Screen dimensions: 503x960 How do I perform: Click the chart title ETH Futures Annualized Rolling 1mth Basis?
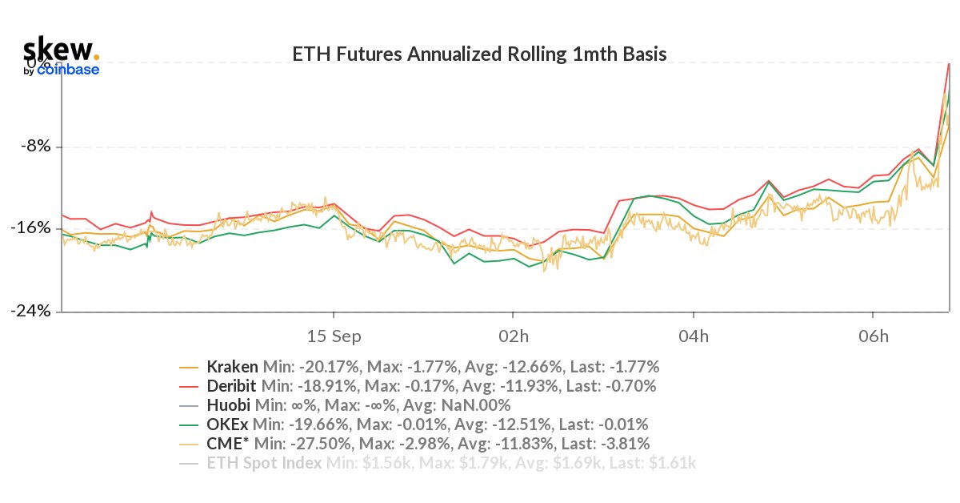480,54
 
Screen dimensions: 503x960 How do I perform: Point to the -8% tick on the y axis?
34,147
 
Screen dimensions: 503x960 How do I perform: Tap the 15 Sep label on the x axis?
333,335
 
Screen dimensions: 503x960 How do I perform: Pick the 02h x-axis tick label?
514,335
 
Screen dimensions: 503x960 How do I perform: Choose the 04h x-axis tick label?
694,335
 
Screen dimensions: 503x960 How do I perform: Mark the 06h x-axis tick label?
874,335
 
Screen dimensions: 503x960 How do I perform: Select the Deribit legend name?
231,387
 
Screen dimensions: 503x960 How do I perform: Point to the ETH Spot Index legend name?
265,463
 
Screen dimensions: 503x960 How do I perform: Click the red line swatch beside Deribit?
190,387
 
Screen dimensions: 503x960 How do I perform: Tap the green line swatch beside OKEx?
190,425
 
